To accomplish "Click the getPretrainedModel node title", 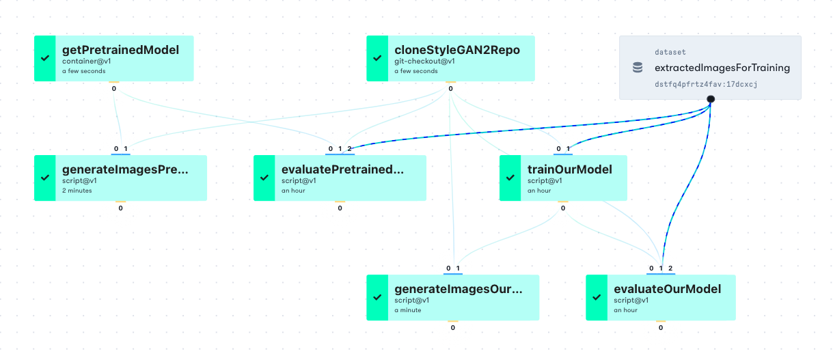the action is point(120,50).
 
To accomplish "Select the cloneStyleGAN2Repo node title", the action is point(457,50).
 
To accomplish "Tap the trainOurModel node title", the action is point(570,169).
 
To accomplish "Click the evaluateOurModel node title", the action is point(667,289).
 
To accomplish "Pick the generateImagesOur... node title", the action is point(458,289).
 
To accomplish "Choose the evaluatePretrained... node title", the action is point(342,169).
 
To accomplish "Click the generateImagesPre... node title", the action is point(125,169).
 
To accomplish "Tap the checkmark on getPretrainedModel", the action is point(45,58).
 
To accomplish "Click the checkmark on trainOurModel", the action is point(510,178).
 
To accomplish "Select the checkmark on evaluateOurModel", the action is point(597,297).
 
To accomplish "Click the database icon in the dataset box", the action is point(638,68).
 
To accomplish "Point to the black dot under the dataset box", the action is point(711,99).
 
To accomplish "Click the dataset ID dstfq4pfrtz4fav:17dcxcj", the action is point(706,85).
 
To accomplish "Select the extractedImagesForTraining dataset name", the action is point(722,68).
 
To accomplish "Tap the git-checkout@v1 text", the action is point(424,61).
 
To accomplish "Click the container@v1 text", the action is point(86,61).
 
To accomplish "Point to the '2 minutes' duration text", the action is point(77,191).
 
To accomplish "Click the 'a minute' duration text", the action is point(408,310).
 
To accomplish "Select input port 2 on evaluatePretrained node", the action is point(350,149).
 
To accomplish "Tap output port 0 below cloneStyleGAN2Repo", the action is point(450,89).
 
